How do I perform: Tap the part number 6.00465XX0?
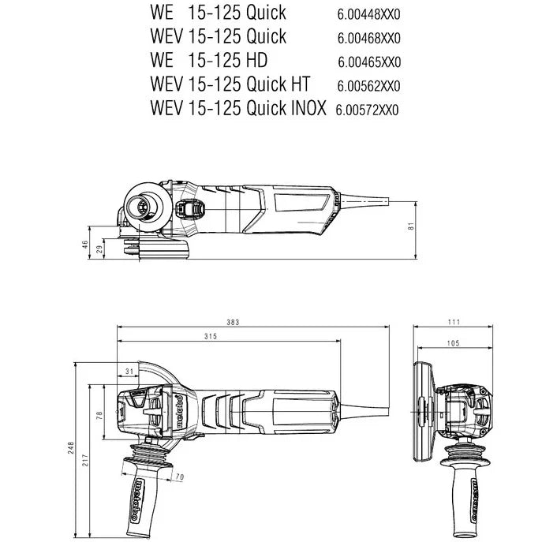pos(370,62)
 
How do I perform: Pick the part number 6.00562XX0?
pos(370,85)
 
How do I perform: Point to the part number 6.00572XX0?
pos(368,109)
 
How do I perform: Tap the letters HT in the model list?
pos(297,84)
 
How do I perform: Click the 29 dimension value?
pos(99,249)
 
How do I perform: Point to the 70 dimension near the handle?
pos(179,477)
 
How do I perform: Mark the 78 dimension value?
pos(99,414)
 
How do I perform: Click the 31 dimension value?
pos(129,370)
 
